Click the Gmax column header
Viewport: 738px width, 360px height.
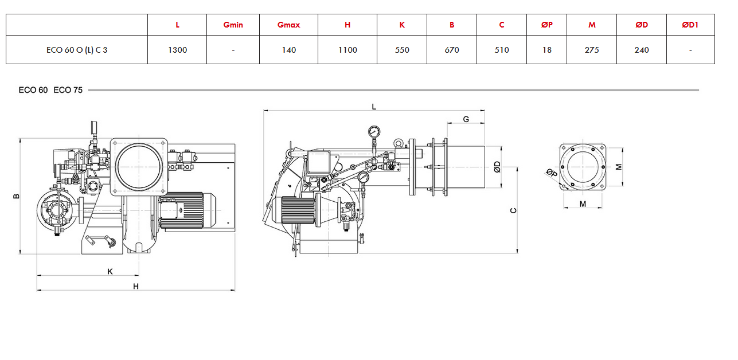[x=288, y=25]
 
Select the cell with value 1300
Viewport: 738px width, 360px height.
[x=177, y=50]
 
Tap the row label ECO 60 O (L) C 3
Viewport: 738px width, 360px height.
[x=77, y=50]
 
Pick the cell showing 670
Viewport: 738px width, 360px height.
[x=452, y=50]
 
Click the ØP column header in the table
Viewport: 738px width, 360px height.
[x=546, y=25]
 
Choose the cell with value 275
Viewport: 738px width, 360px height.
[x=592, y=50]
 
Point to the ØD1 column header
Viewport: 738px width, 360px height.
[x=690, y=25]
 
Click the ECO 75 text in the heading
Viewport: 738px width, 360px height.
[x=68, y=90]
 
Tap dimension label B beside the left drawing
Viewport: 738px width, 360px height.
[x=16, y=196]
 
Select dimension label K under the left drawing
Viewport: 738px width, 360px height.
[x=110, y=271]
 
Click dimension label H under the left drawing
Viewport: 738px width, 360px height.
[x=136, y=286]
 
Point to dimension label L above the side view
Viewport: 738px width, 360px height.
[x=374, y=107]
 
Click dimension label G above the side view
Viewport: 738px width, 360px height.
[x=466, y=119]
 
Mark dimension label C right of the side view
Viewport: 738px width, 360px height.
[x=513, y=210]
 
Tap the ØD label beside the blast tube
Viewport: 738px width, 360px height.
[x=497, y=167]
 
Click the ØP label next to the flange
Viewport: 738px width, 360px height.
[x=552, y=172]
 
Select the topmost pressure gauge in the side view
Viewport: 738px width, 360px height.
[x=374, y=131]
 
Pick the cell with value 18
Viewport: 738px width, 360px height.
[x=546, y=50]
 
